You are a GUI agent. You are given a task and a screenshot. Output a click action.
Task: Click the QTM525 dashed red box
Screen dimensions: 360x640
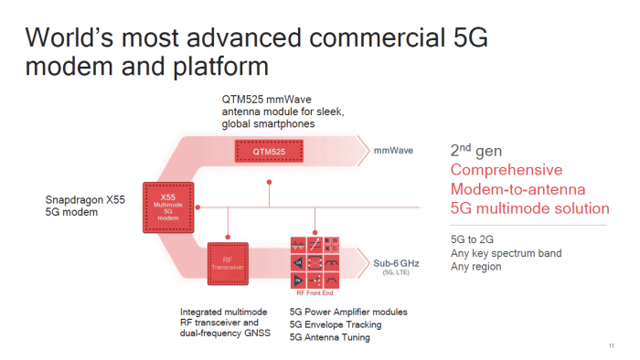[270, 148]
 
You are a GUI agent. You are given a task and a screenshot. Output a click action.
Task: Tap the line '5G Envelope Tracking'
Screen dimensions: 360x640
[336, 324]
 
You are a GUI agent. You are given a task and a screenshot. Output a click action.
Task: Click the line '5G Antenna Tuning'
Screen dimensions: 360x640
[330, 337]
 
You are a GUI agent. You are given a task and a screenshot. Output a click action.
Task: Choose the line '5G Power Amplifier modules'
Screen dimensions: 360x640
[348, 312]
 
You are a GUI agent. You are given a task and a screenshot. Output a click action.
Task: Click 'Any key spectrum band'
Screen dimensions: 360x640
[506, 252]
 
